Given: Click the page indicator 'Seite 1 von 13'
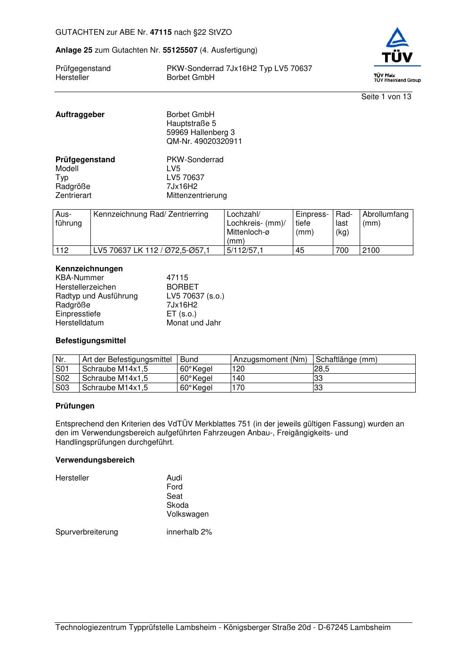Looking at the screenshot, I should pyautogui.click(x=386, y=97).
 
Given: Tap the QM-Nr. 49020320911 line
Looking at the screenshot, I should pyautogui.click(x=204, y=141).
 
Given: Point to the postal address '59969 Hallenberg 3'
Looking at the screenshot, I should pyautogui.click(x=201, y=133).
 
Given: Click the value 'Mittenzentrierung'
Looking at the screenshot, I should pyautogui.click(x=196, y=196).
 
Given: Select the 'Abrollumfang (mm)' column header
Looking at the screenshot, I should pyautogui.click(x=385, y=219).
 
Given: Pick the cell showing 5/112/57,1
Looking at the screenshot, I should pyautogui.click(x=245, y=251).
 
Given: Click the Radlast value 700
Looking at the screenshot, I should pyautogui.click(x=342, y=251).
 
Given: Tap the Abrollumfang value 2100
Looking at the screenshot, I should pyautogui.click(x=371, y=251).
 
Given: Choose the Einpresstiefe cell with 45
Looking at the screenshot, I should pyautogui.click(x=300, y=251).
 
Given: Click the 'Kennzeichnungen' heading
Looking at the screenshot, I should pyautogui.click(x=89, y=269).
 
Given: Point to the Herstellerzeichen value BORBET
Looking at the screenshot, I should pyautogui.click(x=182, y=287).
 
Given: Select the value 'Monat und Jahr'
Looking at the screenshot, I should pyautogui.click(x=193, y=323).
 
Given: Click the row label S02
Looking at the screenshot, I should pyautogui.click(x=62, y=378).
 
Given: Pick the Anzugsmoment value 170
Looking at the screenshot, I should pyautogui.click(x=239, y=388).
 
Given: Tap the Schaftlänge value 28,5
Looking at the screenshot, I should pyautogui.click(x=322, y=369).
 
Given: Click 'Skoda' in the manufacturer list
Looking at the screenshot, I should pyautogui.click(x=177, y=505).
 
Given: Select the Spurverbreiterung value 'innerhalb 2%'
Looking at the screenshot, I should pyautogui.click(x=189, y=532).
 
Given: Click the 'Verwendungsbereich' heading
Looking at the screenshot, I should pyautogui.click(x=95, y=460).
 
